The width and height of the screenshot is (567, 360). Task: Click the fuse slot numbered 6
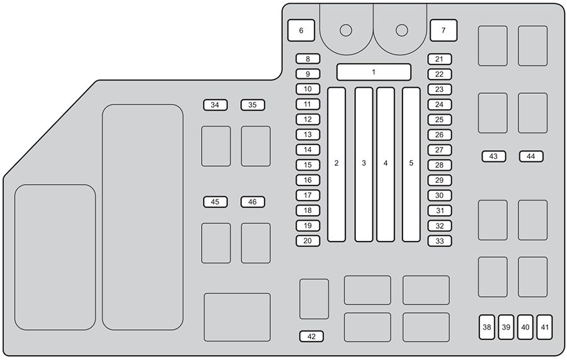(x=301, y=30)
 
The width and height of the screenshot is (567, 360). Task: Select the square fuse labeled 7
(x=444, y=30)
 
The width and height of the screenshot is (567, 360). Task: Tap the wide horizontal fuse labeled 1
(x=374, y=72)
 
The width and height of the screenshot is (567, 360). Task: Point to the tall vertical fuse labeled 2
(x=336, y=165)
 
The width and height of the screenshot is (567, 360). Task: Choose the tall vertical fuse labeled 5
(x=411, y=165)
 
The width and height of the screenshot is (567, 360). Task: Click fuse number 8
(x=307, y=59)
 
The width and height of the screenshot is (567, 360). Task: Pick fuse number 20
(x=307, y=241)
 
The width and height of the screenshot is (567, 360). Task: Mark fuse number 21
(x=440, y=59)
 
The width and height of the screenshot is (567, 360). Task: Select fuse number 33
(x=440, y=241)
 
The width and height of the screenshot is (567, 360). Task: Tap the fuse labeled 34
(x=215, y=105)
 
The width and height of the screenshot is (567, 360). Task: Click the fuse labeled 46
(x=253, y=202)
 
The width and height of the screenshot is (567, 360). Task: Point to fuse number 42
(x=311, y=337)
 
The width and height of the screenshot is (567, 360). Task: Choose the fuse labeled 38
(x=487, y=327)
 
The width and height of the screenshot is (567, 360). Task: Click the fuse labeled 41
(x=544, y=327)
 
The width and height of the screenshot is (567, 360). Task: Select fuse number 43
(x=494, y=156)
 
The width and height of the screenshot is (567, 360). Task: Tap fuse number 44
(x=531, y=156)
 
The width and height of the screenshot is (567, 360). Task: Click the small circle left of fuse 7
(x=402, y=30)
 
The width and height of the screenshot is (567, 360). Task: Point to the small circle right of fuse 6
(x=346, y=30)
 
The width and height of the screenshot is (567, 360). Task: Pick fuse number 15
(x=307, y=165)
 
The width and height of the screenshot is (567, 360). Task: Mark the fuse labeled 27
(x=440, y=150)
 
